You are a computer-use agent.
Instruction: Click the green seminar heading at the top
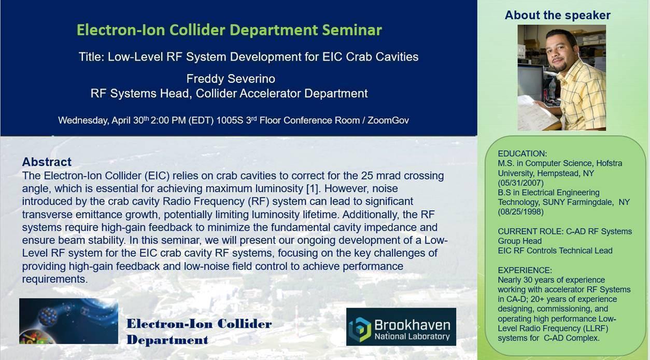(229, 30)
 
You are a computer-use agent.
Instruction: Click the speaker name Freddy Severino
(231, 79)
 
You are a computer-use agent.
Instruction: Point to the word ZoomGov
(388, 120)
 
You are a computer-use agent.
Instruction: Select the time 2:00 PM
(168, 120)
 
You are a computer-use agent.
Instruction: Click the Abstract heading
(47, 162)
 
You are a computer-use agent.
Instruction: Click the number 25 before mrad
(367, 176)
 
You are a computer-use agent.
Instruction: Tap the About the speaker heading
(557, 15)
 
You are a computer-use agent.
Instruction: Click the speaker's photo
(561, 78)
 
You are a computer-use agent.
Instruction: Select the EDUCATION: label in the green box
(522, 154)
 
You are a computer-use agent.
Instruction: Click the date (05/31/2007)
(520, 183)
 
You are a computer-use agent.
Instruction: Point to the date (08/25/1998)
(520, 212)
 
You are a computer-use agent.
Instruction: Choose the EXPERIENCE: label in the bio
(525, 270)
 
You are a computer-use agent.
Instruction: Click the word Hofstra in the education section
(609, 163)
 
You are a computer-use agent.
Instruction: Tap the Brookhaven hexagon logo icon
(360, 329)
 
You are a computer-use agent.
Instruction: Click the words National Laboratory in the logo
(412, 337)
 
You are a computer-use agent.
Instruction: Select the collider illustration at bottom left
(68, 321)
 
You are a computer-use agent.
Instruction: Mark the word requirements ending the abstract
(54, 279)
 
